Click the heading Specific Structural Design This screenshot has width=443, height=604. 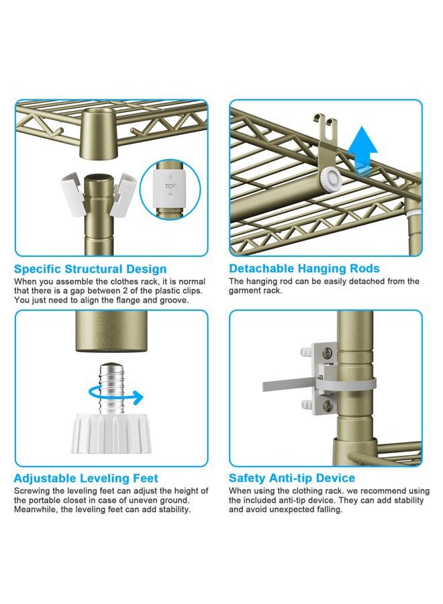click(x=90, y=269)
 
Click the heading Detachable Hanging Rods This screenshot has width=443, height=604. click(x=304, y=268)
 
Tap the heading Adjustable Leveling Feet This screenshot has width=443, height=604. click(x=86, y=479)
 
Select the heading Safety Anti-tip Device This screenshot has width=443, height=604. click(x=292, y=478)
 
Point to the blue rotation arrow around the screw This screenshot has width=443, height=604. click(x=116, y=397)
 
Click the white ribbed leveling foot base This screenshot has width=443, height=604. click(x=111, y=434)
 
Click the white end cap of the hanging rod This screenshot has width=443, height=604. click(x=330, y=178)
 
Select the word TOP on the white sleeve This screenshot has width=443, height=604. click(x=170, y=186)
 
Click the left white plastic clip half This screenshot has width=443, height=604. click(x=72, y=193)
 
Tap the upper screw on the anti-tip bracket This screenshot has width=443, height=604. click(x=328, y=352)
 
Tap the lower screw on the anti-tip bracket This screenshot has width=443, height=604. click(x=328, y=405)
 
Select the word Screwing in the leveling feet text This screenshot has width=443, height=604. click(x=32, y=491)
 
